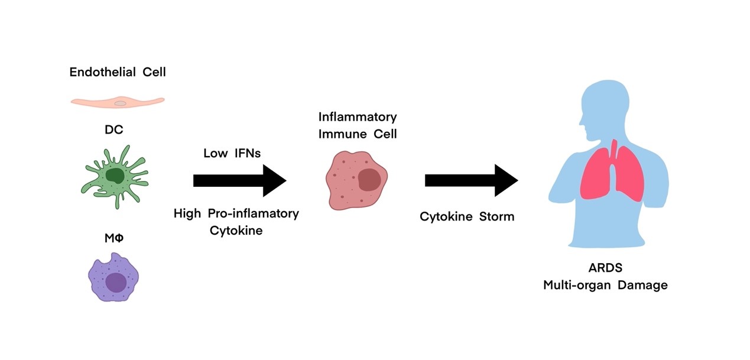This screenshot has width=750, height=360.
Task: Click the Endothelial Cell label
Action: click(118, 73)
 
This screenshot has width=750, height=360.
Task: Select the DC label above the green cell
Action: click(115, 129)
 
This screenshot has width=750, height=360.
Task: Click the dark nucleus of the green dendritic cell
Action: click(115, 175)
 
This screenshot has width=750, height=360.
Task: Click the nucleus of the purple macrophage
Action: click(116, 282)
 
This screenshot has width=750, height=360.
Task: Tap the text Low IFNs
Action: click(232, 154)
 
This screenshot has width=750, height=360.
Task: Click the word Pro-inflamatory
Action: click(253, 213)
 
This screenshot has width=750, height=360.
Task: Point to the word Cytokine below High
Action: click(236, 231)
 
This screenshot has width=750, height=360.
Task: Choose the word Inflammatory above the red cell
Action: click(357, 116)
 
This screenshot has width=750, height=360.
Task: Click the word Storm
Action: click(496, 217)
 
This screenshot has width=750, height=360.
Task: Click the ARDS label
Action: click(605, 268)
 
